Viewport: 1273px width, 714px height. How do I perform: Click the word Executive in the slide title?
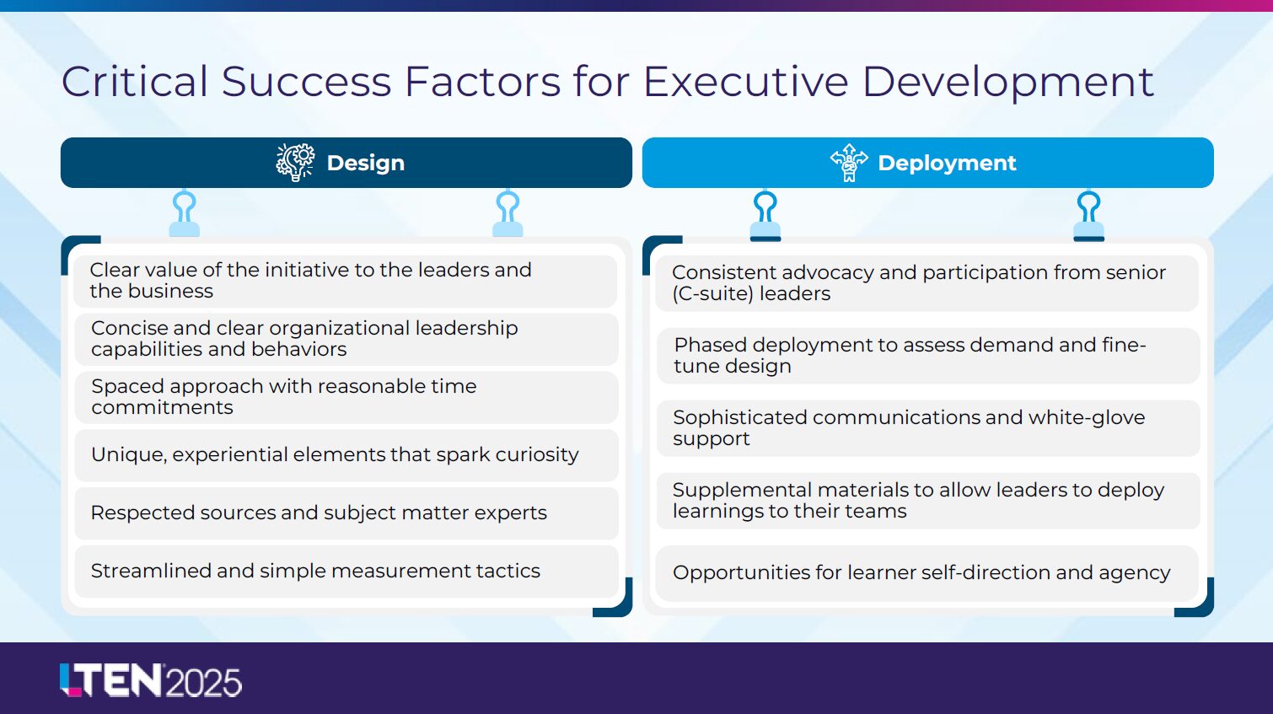[745, 81]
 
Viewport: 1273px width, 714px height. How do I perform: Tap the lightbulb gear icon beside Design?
[295, 163]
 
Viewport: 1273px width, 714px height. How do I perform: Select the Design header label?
[366, 164]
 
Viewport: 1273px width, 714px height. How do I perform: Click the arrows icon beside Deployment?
[849, 163]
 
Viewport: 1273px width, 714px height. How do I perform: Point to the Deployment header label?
[947, 164]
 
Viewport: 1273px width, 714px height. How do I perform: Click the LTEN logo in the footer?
[111, 680]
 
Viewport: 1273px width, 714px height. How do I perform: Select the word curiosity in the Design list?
[537, 454]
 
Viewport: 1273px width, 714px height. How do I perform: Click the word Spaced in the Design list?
[128, 387]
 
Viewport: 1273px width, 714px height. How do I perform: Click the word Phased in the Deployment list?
[711, 345]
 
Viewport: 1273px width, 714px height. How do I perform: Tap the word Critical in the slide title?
[134, 81]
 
